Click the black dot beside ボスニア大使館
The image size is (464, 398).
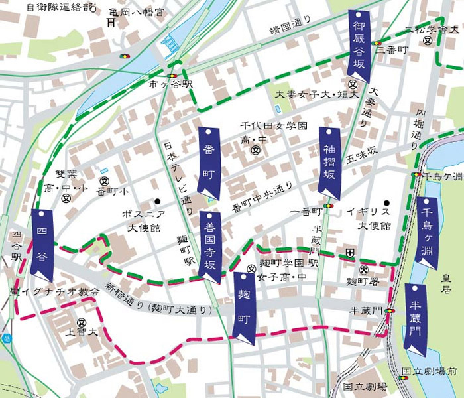point(158,201)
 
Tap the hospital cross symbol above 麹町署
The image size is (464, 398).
point(350,252)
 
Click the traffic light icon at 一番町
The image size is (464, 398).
point(329,206)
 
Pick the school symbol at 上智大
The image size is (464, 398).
point(81,322)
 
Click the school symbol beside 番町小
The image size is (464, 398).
point(104,181)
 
